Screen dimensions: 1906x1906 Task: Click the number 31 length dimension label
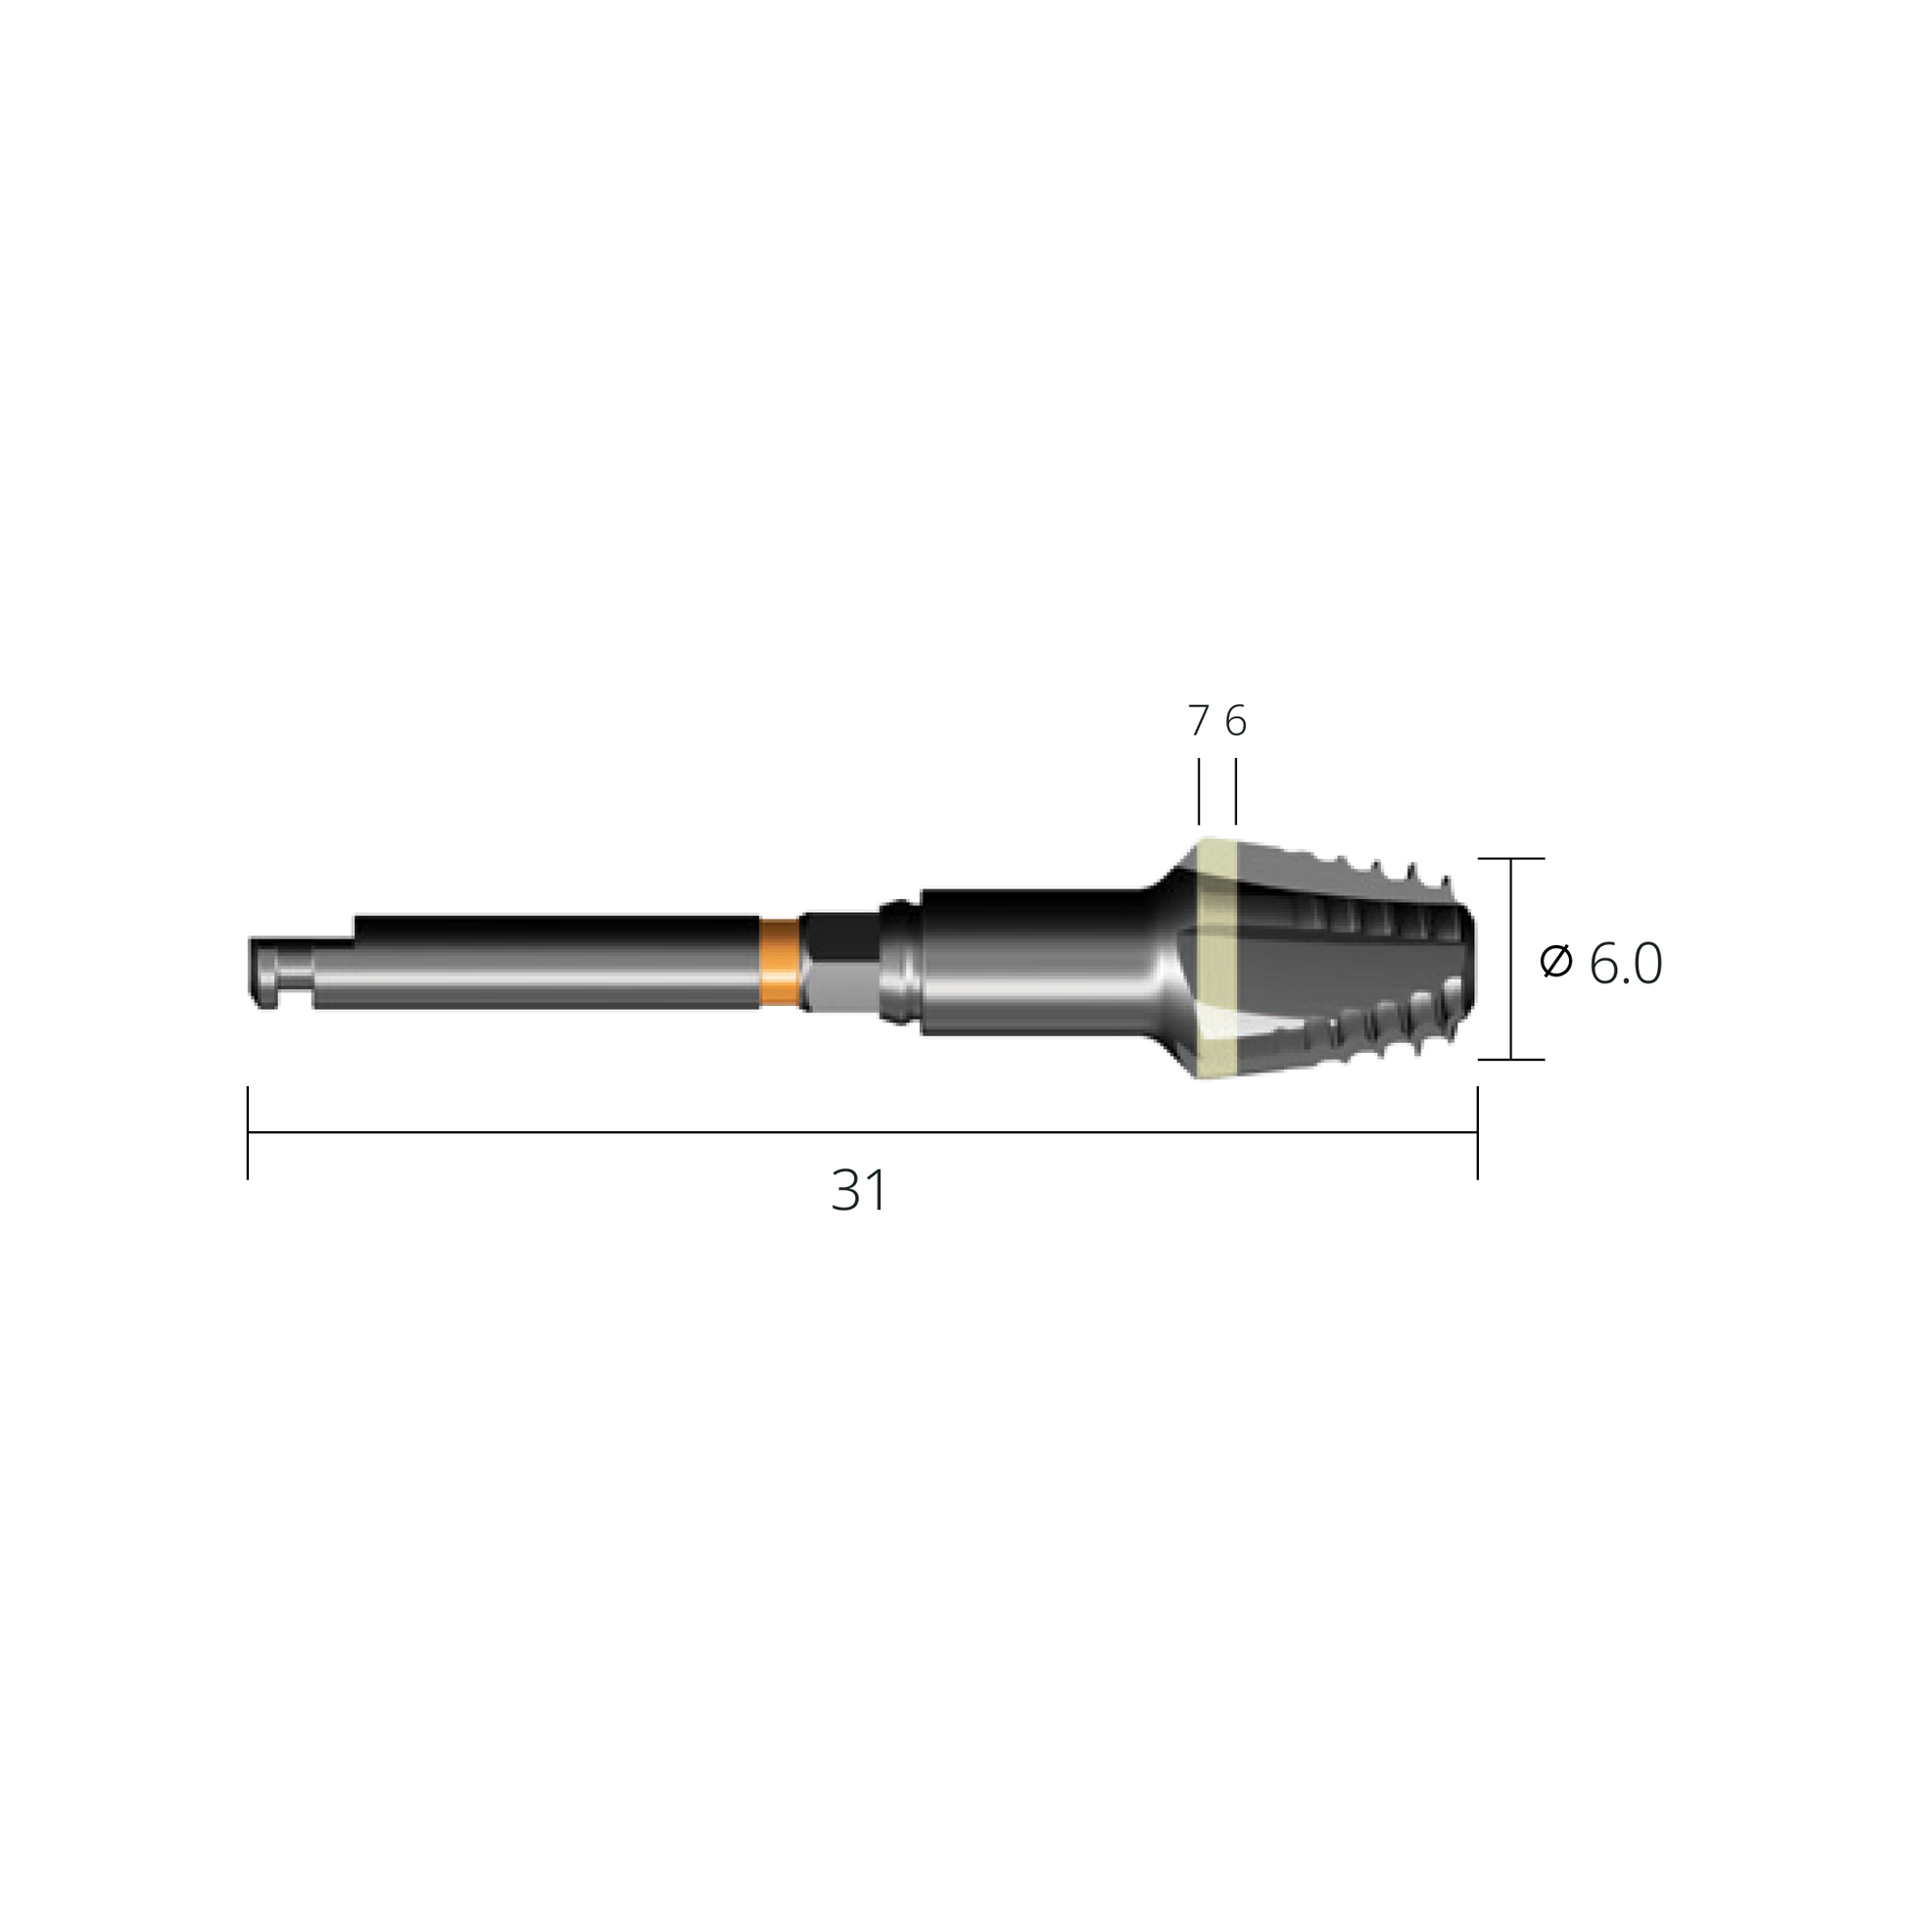click(x=859, y=1191)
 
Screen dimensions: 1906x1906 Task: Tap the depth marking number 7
click(x=1199, y=721)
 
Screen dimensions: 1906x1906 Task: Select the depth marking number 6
click(x=1236, y=721)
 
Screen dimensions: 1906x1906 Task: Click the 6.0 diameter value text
click(x=1626, y=964)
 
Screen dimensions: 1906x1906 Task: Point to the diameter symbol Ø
click(x=1555, y=962)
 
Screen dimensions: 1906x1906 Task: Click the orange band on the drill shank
click(x=781, y=963)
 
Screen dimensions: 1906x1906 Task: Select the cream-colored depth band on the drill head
click(x=1217, y=959)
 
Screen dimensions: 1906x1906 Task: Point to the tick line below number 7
click(x=1199, y=791)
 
